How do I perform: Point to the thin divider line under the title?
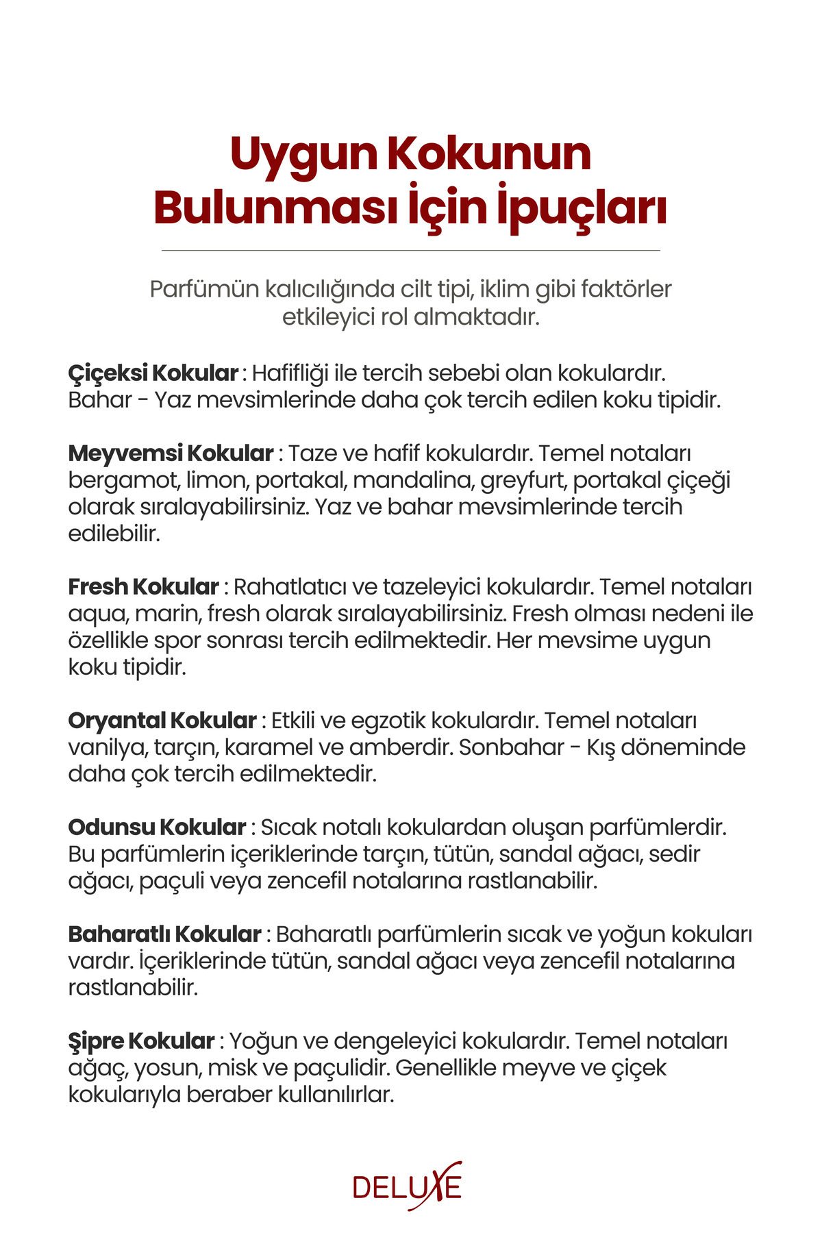(411, 251)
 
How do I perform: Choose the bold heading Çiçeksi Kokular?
(153, 373)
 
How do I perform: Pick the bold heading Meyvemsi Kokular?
(171, 453)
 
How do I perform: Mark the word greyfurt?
(523, 480)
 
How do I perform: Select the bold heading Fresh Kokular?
(143, 587)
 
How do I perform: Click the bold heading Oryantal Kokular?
(162, 721)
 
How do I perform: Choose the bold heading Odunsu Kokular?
(157, 827)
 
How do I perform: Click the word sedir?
(675, 854)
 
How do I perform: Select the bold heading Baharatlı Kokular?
(164, 934)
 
